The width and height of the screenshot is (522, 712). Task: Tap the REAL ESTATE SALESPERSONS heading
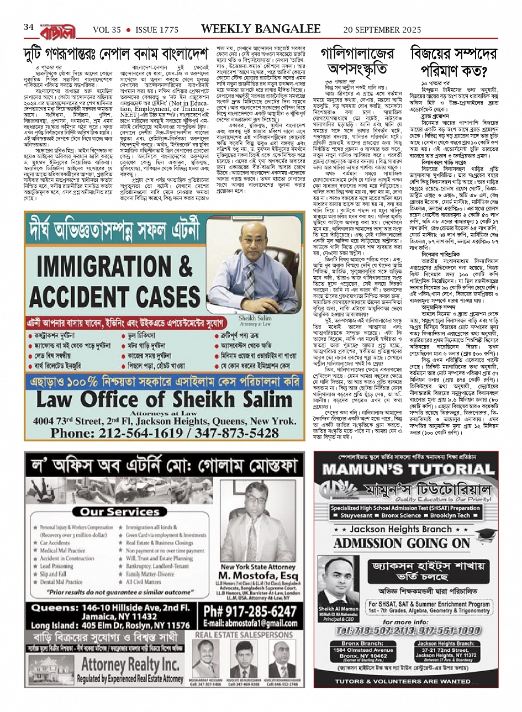coord(244,635)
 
